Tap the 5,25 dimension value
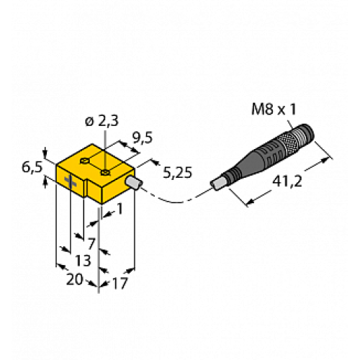coord(176,173)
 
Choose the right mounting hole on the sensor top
coord(107,171)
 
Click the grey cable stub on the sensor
coord(132,186)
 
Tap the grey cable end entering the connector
coord(217,185)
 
